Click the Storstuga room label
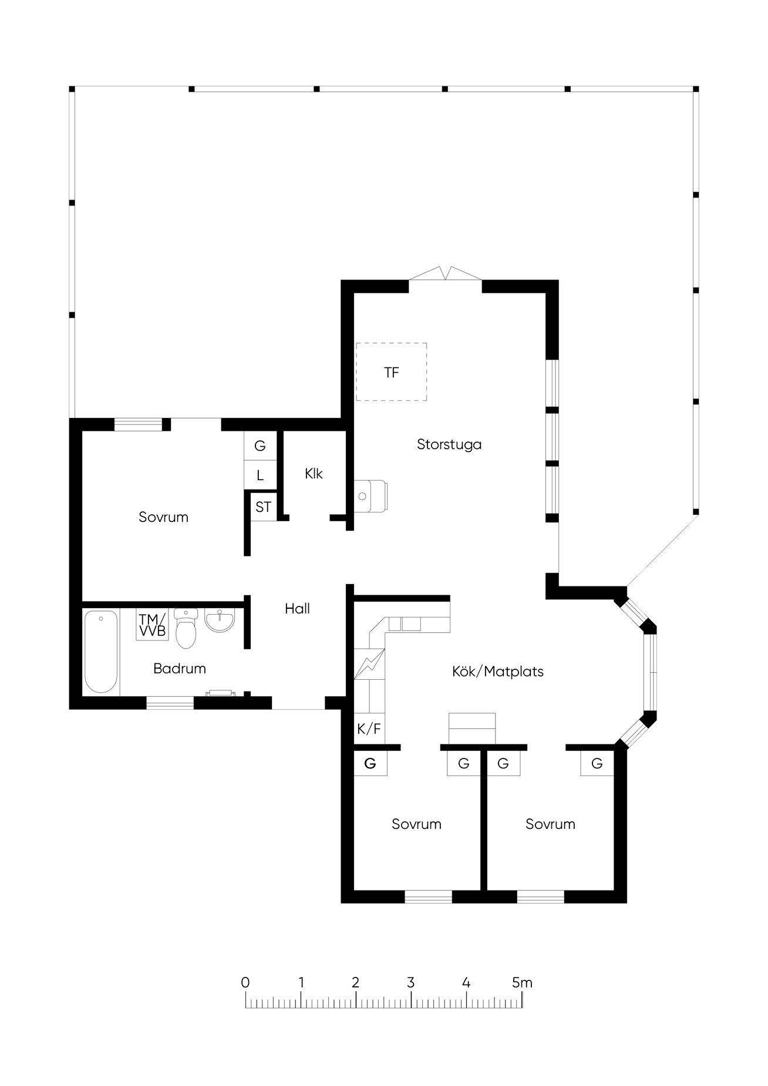tap(449, 444)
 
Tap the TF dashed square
tap(391, 372)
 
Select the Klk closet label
tap(314, 473)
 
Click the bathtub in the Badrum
tap(101, 652)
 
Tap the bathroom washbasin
tap(220, 621)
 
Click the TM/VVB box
tap(153, 625)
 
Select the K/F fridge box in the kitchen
tap(369, 729)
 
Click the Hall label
tap(297, 609)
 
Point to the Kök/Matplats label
tap(498, 672)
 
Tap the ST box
tap(263, 507)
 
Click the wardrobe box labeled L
tap(260, 475)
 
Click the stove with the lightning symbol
tap(369, 664)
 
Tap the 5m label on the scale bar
tap(522, 982)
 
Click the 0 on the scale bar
tap(245, 982)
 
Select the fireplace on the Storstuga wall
tap(370, 496)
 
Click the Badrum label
tap(180, 668)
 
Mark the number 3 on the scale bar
tap(411, 982)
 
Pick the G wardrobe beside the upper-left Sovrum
tap(260, 446)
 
